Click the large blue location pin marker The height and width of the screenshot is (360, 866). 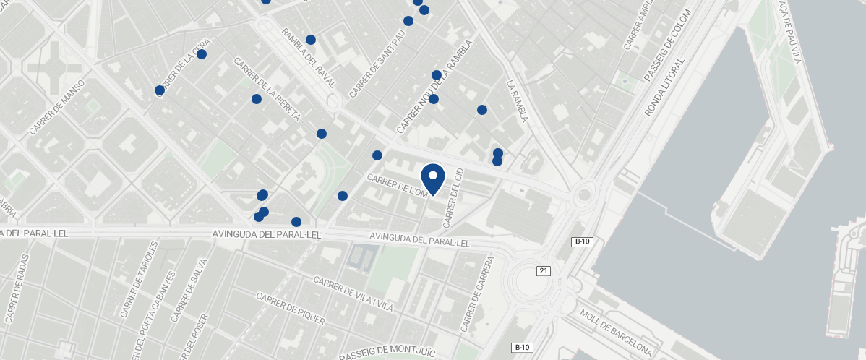[x=432, y=178]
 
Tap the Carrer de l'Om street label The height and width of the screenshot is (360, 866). [x=398, y=185]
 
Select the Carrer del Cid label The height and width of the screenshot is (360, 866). [x=453, y=195]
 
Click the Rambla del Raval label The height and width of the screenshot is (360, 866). [x=309, y=58]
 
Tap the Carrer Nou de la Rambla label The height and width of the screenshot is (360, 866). [x=434, y=87]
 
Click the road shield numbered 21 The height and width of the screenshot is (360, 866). [x=544, y=270]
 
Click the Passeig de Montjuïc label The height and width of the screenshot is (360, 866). [x=387, y=353]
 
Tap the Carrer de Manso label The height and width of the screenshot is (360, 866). [x=58, y=107]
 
